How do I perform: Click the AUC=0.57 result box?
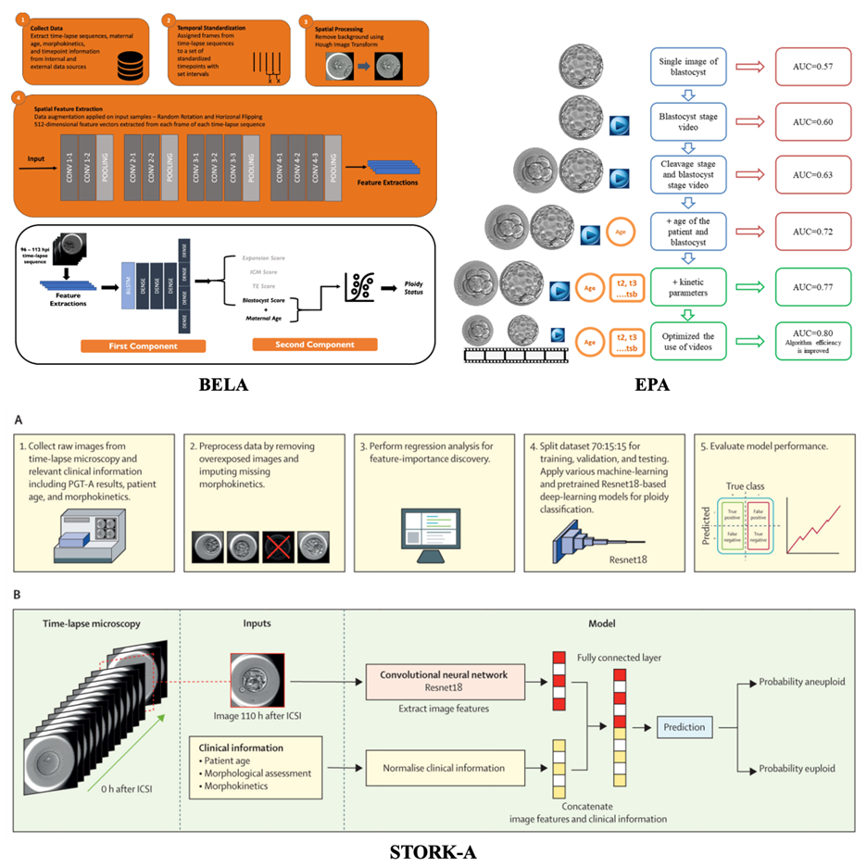(801, 68)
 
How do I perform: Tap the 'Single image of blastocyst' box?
(688, 68)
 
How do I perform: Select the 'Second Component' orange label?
(315, 345)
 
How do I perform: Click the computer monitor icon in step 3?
(433, 530)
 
